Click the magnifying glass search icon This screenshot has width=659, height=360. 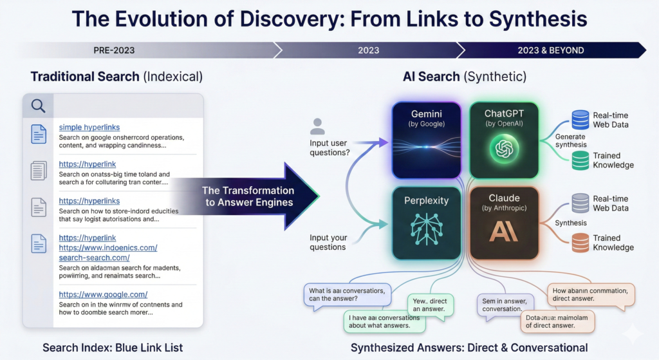coord(38,106)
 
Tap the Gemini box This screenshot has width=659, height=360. coord(427,140)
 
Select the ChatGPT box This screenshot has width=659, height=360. coord(504,140)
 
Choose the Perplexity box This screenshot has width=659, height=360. coord(427,222)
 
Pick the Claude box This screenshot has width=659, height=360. coord(504,222)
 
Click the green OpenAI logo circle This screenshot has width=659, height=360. coord(504,149)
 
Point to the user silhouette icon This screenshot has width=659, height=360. coord(318,127)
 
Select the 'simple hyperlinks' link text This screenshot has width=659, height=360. coord(89,128)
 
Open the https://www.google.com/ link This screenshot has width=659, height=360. coord(103,294)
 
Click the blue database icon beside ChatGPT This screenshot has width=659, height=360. coord(580,119)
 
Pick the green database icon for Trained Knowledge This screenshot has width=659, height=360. coord(580,160)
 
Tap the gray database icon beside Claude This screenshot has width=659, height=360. coord(580,204)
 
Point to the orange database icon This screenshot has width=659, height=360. coord(580,242)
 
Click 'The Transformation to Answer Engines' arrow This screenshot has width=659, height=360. coord(248,196)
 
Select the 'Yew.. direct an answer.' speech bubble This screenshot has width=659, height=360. coord(430,305)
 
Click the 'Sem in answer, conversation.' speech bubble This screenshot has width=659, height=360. coord(503,304)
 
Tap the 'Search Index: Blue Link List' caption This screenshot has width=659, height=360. coord(113,348)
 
